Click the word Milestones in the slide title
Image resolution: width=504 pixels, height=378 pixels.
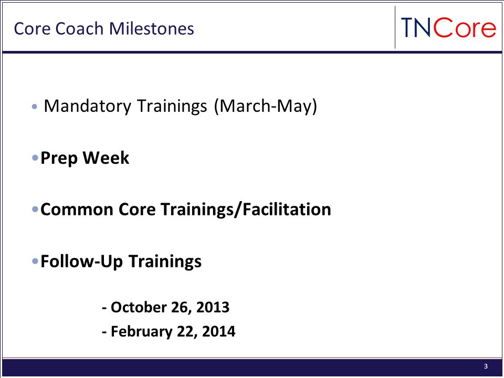tap(151, 28)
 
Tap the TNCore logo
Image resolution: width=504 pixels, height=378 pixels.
tap(448, 28)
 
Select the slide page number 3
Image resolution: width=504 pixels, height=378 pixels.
tap(486, 366)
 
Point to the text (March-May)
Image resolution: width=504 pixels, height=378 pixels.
tap(266, 106)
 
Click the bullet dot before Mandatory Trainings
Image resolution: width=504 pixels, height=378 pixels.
tap(35, 107)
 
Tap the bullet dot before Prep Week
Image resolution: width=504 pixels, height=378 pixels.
tap(35, 158)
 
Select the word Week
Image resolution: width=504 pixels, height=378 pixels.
tap(106, 157)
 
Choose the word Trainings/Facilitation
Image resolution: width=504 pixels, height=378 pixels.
tap(246, 209)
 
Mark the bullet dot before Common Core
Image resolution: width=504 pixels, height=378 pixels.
tap(35, 209)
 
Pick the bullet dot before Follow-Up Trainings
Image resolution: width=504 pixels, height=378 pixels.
tap(35, 261)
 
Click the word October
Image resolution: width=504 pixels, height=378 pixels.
tap(139, 307)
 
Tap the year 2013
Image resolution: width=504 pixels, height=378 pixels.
tap(213, 307)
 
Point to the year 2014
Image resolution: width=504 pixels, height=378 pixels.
tap(218, 331)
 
